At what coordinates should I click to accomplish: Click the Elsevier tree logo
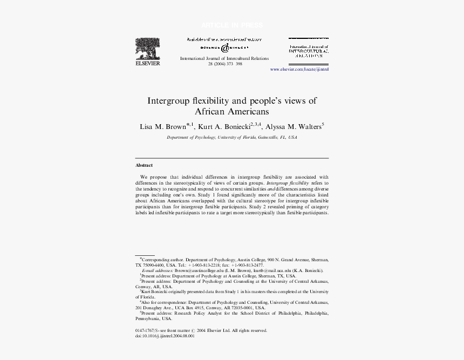[147, 48]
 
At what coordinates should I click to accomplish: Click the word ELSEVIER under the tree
[147, 63]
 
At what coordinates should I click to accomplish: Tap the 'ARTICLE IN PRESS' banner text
[232, 25]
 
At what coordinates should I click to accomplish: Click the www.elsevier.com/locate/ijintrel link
[299, 70]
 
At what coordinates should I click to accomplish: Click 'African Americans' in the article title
[231, 112]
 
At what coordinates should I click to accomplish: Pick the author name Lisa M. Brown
[162, 127]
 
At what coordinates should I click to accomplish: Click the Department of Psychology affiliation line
[231, 138]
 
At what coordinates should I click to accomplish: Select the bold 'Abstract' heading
[144, 165]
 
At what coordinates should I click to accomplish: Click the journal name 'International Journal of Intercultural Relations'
[224, 58]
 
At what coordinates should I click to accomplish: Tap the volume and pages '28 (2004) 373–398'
[225, 64]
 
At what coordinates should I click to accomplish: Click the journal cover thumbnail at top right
[309, 48]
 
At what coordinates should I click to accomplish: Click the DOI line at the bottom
[165, 336]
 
